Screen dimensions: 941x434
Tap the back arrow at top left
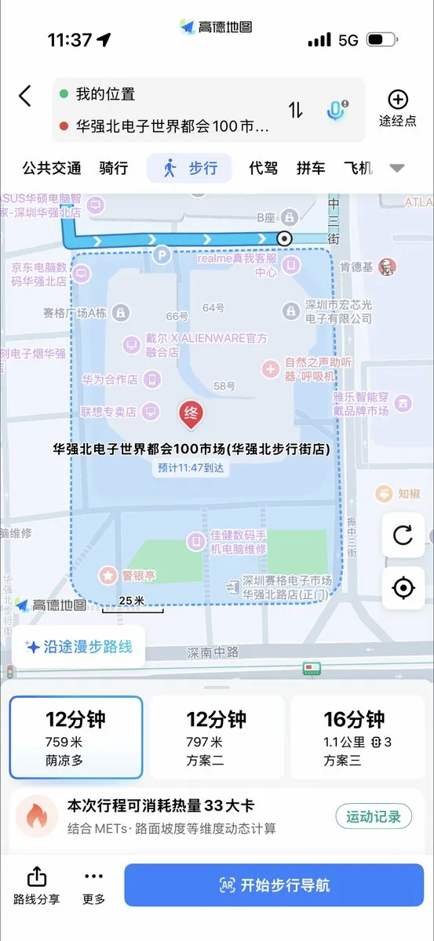point(25,96)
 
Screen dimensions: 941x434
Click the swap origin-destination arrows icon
point(295,110)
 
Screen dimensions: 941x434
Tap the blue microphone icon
point(336,110)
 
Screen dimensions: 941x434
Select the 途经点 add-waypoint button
point(398,108)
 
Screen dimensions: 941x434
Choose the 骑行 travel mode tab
point(114,168)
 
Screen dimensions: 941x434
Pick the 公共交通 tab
point(52,168)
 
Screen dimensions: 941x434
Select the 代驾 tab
point(263,168)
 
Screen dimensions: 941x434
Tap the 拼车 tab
point(311,168)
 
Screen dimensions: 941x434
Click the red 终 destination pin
point(190,413)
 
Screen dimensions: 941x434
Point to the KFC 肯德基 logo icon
point(387,267)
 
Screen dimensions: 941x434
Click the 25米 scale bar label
point(132,601)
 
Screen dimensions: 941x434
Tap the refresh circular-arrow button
point(403,536)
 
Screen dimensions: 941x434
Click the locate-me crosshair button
point(403,587)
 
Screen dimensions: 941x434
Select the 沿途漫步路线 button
point(78,647)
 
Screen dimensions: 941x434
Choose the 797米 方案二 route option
point(217,738)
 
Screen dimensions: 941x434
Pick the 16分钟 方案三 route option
point(358,738)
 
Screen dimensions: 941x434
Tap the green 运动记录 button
point(374,816)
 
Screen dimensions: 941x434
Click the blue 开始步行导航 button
point(273,885)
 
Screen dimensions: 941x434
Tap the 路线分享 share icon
point(37,885)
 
